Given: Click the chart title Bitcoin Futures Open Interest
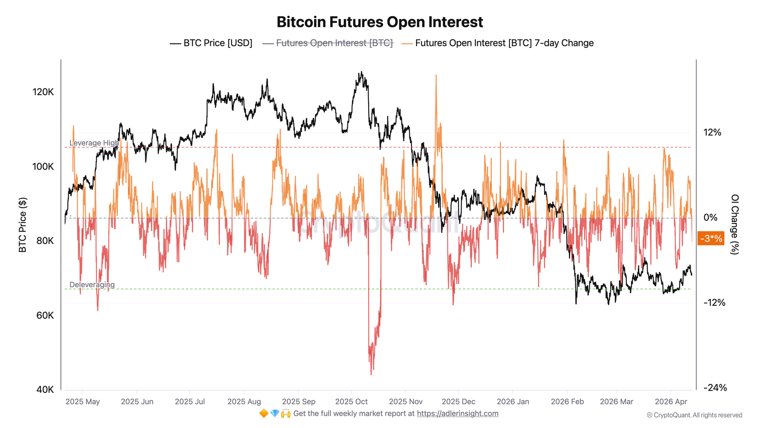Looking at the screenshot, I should click(x=380, y=22).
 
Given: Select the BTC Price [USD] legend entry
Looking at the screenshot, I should click(x=211, y=43).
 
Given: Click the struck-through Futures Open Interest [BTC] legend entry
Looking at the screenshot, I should click(x=328, y=43).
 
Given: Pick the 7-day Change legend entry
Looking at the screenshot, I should click(x=498, y=43).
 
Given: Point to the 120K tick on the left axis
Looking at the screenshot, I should click(x=43, y=92).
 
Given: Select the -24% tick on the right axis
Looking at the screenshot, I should click(x=715, y=388).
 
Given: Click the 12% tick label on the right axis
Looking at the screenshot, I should click(x=712, y=132).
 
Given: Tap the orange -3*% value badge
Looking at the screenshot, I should click(x=711, y=238).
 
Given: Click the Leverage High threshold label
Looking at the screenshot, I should click(x=94, y=143).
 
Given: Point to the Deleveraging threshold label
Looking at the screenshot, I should click(x=92, y=284).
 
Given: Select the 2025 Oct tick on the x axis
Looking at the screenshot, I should click(x=351, y=401).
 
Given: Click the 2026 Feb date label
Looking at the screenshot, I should click(x=567, y=401).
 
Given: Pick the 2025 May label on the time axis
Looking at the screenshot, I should click(x=82, y=401).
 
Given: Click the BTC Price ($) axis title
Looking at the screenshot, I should click(x=22, y=224).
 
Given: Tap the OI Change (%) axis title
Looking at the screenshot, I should click(x=734, y=224).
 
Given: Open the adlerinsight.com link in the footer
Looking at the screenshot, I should click(x=458, y=413).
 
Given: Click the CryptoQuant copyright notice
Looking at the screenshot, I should click(x=694, y=415).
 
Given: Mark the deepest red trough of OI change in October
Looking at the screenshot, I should click(x=371, y=374).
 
